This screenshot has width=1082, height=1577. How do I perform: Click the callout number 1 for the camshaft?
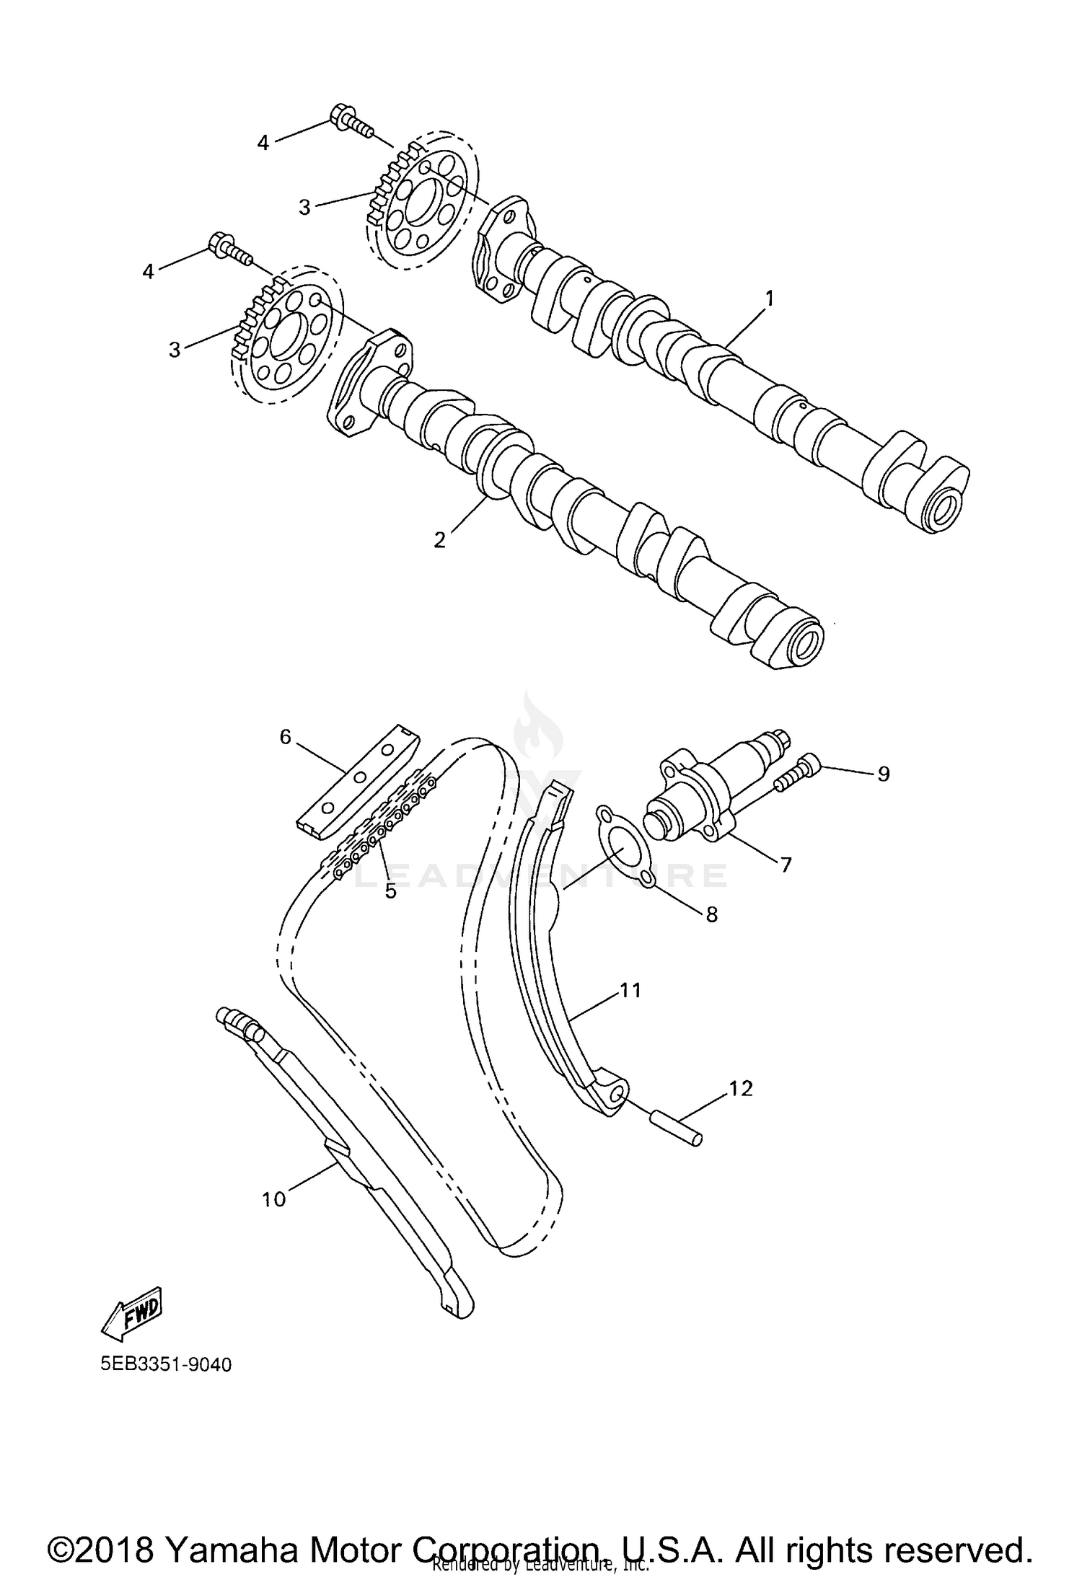pyautogui.click(x=769, y=298)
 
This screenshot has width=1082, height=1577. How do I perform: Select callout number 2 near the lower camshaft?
pyautogui.click(x=440, y=539)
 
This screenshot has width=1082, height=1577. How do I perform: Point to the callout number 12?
pyautogui.click(x=741, y=1089)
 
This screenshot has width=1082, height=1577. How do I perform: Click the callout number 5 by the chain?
pyautogui.click(x=391, y=891)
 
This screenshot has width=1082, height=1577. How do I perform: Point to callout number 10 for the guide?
pyautogui.click(x=274, y=1198)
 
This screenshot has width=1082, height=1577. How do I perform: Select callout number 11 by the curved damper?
pyautogui.click(x=630, y=991)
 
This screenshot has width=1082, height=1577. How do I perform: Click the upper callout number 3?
pyautogui.click(x=304, y=208)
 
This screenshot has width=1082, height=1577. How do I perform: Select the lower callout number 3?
pyautogui.click(x=175, y=350)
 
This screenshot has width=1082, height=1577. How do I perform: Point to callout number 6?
pyautogui.click(x=285, y=736)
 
